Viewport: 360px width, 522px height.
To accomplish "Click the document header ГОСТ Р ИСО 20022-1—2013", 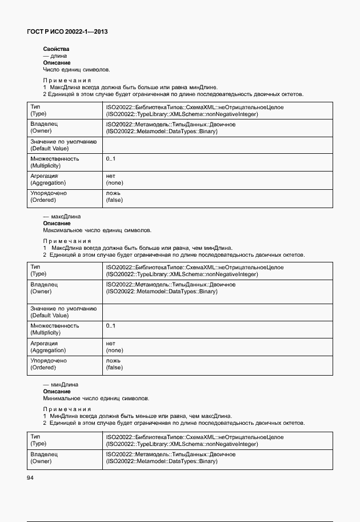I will pos(67,32).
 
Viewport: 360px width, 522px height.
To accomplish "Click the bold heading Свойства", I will pos(56,49).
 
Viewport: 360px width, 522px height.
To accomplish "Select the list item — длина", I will pos(55,56).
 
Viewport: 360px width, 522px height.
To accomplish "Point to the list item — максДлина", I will pos(62,217).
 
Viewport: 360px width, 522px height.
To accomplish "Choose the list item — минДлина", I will pos(61,385).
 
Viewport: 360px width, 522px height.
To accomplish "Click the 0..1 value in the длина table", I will pos(111,158).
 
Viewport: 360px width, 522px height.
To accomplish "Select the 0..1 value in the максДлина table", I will pos(111,326).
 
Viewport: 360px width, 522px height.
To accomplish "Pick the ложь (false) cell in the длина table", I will pos(114,197).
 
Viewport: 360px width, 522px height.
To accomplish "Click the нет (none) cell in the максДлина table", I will pos(114,346).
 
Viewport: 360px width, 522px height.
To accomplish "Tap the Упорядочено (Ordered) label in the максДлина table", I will pos(49,364).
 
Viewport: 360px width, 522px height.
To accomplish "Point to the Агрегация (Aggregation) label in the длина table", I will pos(48,180).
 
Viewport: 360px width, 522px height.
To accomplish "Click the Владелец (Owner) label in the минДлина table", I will pos(45,457).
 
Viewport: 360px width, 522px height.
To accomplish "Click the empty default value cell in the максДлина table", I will pos(217,312).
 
